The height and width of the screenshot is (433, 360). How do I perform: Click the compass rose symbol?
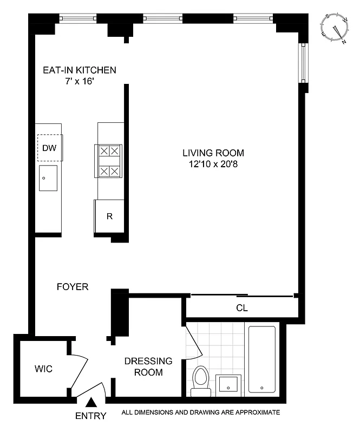pyautogui.click(x=335, y=28)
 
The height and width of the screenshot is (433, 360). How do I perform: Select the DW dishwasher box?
pyautogui.click(x=49, y=147)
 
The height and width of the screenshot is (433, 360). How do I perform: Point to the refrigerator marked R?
pyautogui.click(x=109, y=216)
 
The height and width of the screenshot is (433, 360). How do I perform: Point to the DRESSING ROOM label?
pyautogui.click(x=148, y=366)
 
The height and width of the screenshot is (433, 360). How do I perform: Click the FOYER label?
pyautogui.click(x=73, y=287)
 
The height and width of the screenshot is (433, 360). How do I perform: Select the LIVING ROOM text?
pyautogui.click(x=213, y=153)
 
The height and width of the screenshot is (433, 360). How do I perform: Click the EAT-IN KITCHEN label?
pyautogui.click(x=80, y=70)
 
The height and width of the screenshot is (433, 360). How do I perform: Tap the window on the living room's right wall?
pyautogui.click(x=303, y=64)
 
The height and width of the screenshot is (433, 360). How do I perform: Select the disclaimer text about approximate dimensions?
pyautogui.click(x=201, y=412)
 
